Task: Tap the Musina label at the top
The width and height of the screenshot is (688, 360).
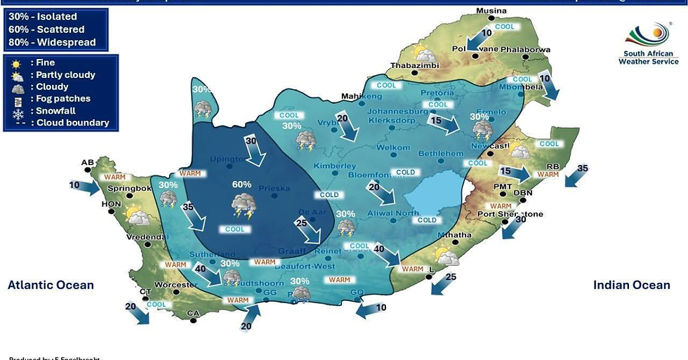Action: point(491,11)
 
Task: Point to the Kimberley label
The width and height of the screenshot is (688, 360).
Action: point(329,166)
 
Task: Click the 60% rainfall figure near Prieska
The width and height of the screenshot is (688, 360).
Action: point(242,184)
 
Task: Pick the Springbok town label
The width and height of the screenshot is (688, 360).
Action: point(129,189)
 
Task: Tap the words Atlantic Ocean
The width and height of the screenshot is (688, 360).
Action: point(51,285)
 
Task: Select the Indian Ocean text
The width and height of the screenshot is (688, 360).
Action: point(631,285)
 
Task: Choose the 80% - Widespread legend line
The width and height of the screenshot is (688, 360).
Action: point(52,42)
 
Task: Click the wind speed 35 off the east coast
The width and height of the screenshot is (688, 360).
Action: point(582,168)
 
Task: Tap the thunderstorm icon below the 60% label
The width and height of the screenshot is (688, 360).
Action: point(242,206)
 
